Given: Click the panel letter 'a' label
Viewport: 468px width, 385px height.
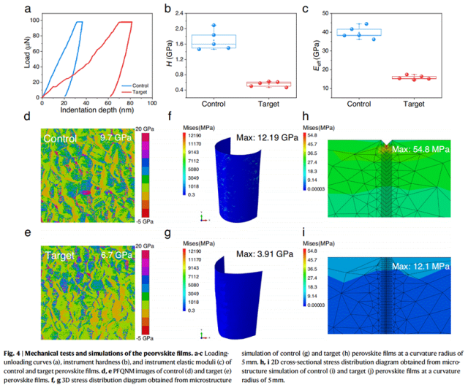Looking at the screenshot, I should click(27, 9).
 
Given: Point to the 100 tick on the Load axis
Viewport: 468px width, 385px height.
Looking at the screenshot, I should click(34, 20).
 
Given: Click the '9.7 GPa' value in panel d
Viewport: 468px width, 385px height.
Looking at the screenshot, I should click(113, 137).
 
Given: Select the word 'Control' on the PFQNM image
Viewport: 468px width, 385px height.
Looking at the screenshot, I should click(59, 138).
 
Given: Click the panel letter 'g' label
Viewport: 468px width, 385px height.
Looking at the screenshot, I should click(170, 235).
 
